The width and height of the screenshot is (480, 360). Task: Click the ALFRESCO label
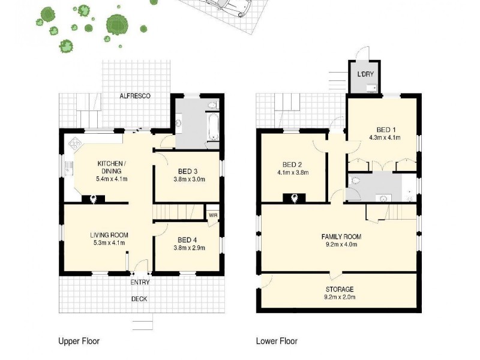tap(134, 96)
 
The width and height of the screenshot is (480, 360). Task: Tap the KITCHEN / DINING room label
tap(112, 167)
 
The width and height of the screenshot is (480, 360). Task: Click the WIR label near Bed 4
tap(212, 215)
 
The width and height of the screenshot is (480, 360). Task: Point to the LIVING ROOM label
tap(109, 235)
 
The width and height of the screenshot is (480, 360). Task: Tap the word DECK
tap(139, 299)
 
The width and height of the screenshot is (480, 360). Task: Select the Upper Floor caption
tap(79, 341)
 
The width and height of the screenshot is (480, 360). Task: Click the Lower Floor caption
tap(277, 341)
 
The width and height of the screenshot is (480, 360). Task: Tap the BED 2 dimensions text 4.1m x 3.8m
tap(293, 173)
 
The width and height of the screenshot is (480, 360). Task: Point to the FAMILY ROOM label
tap(341, 236)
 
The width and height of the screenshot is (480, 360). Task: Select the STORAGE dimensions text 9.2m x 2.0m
tap(340, 297)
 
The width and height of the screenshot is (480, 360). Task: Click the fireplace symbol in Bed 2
tap(295, 198)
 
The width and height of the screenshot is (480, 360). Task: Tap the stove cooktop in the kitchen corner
tap(76, 143)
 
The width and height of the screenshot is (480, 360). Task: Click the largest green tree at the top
tap(117, 24)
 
